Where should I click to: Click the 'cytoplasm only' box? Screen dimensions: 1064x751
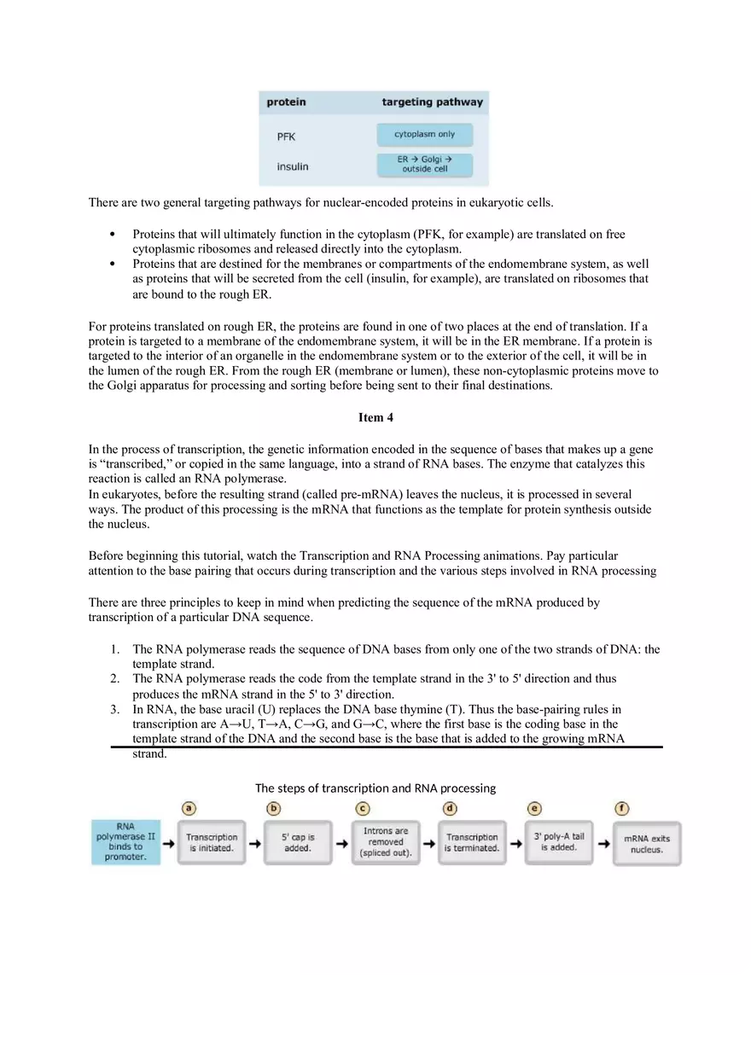pyautogui.click(x=424, y=135)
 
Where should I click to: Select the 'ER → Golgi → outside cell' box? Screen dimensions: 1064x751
pyautogui.click(x=424, y=165)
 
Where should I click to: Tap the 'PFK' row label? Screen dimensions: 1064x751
pyautogui.click(x=286, y=137)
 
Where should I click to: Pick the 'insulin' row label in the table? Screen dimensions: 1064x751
pyautogui.click(x=292, y=166)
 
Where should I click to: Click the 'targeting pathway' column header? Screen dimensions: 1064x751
pyautogui.click(x=432, y=102)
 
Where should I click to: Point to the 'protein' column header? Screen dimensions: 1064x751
pyautogui.click(x=286, y=102)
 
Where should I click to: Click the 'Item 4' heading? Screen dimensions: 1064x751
pyautogui.click(x=375, y=417)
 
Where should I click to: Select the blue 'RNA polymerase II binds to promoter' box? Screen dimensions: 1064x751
pyautogui.click(x=125, y=841)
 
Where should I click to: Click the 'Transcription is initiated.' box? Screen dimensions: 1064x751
pyautogui.click(x=212, y=842)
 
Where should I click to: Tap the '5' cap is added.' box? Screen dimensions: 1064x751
pyautogui.click(x=298, y=842)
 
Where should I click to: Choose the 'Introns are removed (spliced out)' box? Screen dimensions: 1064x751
pyautogui.click(x=386, y=842)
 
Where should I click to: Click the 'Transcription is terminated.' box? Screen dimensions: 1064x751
pyautogui.click(x=472, y=842)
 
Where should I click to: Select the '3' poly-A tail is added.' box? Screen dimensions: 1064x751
pyautogui.click(x=559, y=842)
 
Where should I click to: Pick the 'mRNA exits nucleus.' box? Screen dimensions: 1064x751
pyautogui.click(x=646, y=844)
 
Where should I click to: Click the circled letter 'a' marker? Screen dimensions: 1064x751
pyautogui.click(x=189, y=808)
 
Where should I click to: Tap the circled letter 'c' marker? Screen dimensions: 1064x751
pyautogui.click(x=363, y=808)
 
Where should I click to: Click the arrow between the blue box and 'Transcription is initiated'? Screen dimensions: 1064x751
pyautogui.click(x=169, y=843)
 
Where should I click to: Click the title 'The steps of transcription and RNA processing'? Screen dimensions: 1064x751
pyautogui.click(x=375, y=788)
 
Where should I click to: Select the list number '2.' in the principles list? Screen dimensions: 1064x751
pyautogui.click(x=114, y=678)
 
